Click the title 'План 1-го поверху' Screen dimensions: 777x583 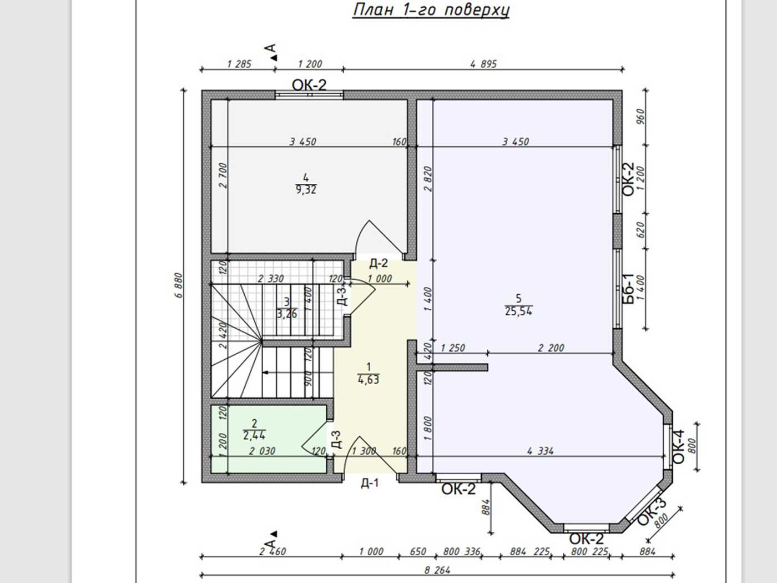coord(431,10)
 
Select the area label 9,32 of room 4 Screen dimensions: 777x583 coord(306,190)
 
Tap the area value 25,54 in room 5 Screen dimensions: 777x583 coord(518,311)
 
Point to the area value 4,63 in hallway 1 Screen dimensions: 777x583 coord(369,380)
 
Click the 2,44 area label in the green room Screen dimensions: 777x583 coord(254,435)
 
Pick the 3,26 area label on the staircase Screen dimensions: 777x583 coord(287,314)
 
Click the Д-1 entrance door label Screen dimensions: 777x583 coord(370,483)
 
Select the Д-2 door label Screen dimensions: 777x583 coord(379,263)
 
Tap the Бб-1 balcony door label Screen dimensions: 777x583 coord(629,289)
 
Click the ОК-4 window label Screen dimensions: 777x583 coord(678,447)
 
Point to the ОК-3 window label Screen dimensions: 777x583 coord(652,512)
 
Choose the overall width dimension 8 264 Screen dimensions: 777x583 coord(437,570)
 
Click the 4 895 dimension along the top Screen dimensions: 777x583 coord(483,64)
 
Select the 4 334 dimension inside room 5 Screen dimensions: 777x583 coord(540,451)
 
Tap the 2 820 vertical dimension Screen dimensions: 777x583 coord(428,179)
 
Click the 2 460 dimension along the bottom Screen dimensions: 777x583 coord(273,551)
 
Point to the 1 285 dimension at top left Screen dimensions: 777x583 coord(239,64)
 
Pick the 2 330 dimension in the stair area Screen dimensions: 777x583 coord(271,279)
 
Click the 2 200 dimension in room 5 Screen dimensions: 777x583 coord(551,348)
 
